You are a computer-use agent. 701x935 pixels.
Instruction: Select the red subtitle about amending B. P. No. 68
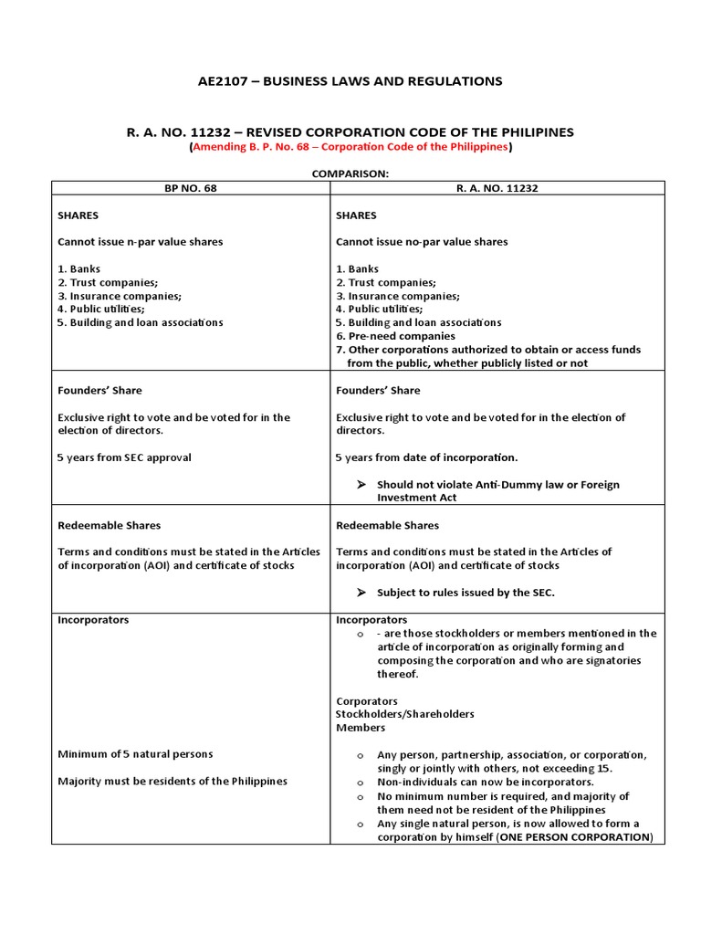[x=350, y=147]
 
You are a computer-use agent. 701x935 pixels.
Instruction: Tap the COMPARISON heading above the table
[x=350, y=174]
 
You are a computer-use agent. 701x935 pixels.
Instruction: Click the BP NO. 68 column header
[x=190, y=188]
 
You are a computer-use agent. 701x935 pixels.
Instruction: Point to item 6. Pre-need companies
[x=395, y=336]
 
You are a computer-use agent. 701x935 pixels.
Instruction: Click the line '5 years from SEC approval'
[x=124, y=457]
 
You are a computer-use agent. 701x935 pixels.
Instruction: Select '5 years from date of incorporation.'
[x=426, y=457]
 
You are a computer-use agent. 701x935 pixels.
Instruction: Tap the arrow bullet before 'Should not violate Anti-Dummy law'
[x=360, y=485]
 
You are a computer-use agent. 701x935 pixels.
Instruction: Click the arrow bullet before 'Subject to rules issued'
[x=360, y=593]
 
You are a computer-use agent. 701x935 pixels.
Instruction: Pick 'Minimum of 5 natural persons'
[x=135, y=754]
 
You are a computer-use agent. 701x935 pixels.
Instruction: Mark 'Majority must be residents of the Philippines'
[x=173, y=782]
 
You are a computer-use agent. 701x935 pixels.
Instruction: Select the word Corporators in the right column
[x=367, y=701]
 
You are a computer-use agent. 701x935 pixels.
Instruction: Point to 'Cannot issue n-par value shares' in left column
[x=140, y=242]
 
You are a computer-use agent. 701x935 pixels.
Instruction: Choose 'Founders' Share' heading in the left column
[x=99, y=390]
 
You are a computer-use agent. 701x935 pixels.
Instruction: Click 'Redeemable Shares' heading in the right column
[x=387, y=525]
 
